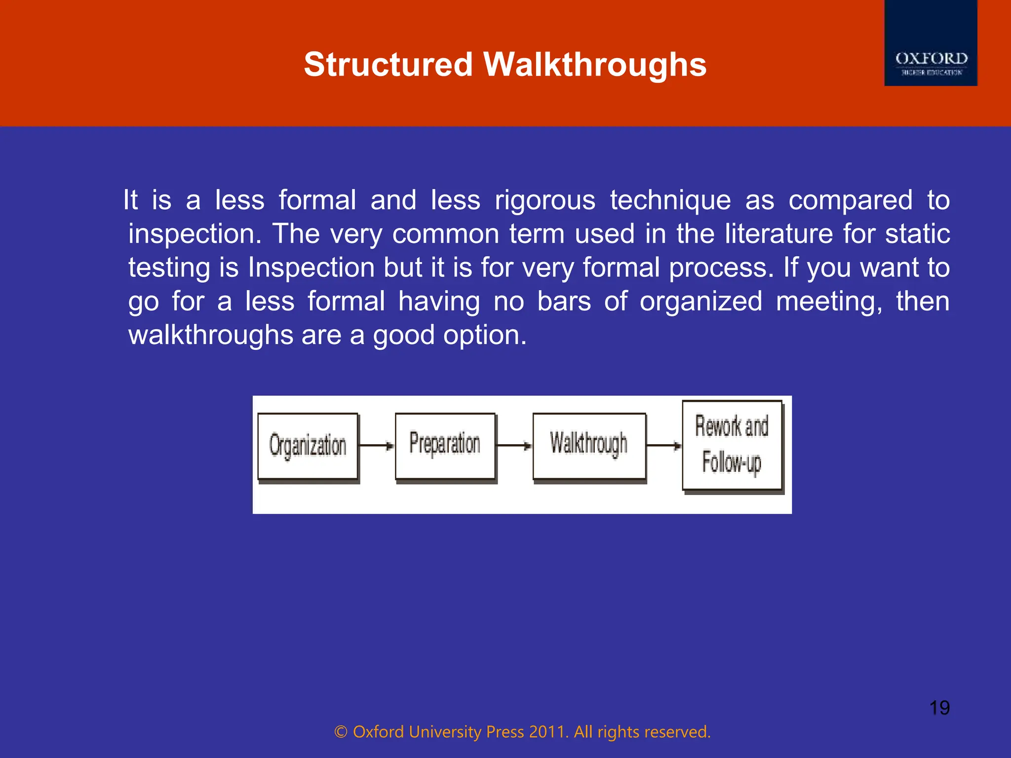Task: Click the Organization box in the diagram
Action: tap(308, 446)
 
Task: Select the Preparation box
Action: tap(445, 446)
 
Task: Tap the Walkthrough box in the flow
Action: tap(589, 446)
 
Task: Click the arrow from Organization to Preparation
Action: tap(377, 446)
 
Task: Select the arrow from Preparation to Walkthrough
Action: tap(514, 446)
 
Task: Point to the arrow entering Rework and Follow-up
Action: tap(664, 446)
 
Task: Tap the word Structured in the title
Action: tap(388, 65)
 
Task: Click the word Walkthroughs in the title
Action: tap(595, 65)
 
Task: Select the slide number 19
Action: tap(939, 708)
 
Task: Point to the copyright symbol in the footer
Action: tap(341, 732)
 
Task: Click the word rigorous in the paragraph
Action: tap(545, 200)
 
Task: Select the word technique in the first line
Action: tap(670, 200)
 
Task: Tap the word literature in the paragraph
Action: tap(778, 233)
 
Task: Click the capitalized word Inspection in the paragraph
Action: tap(311, 267)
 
